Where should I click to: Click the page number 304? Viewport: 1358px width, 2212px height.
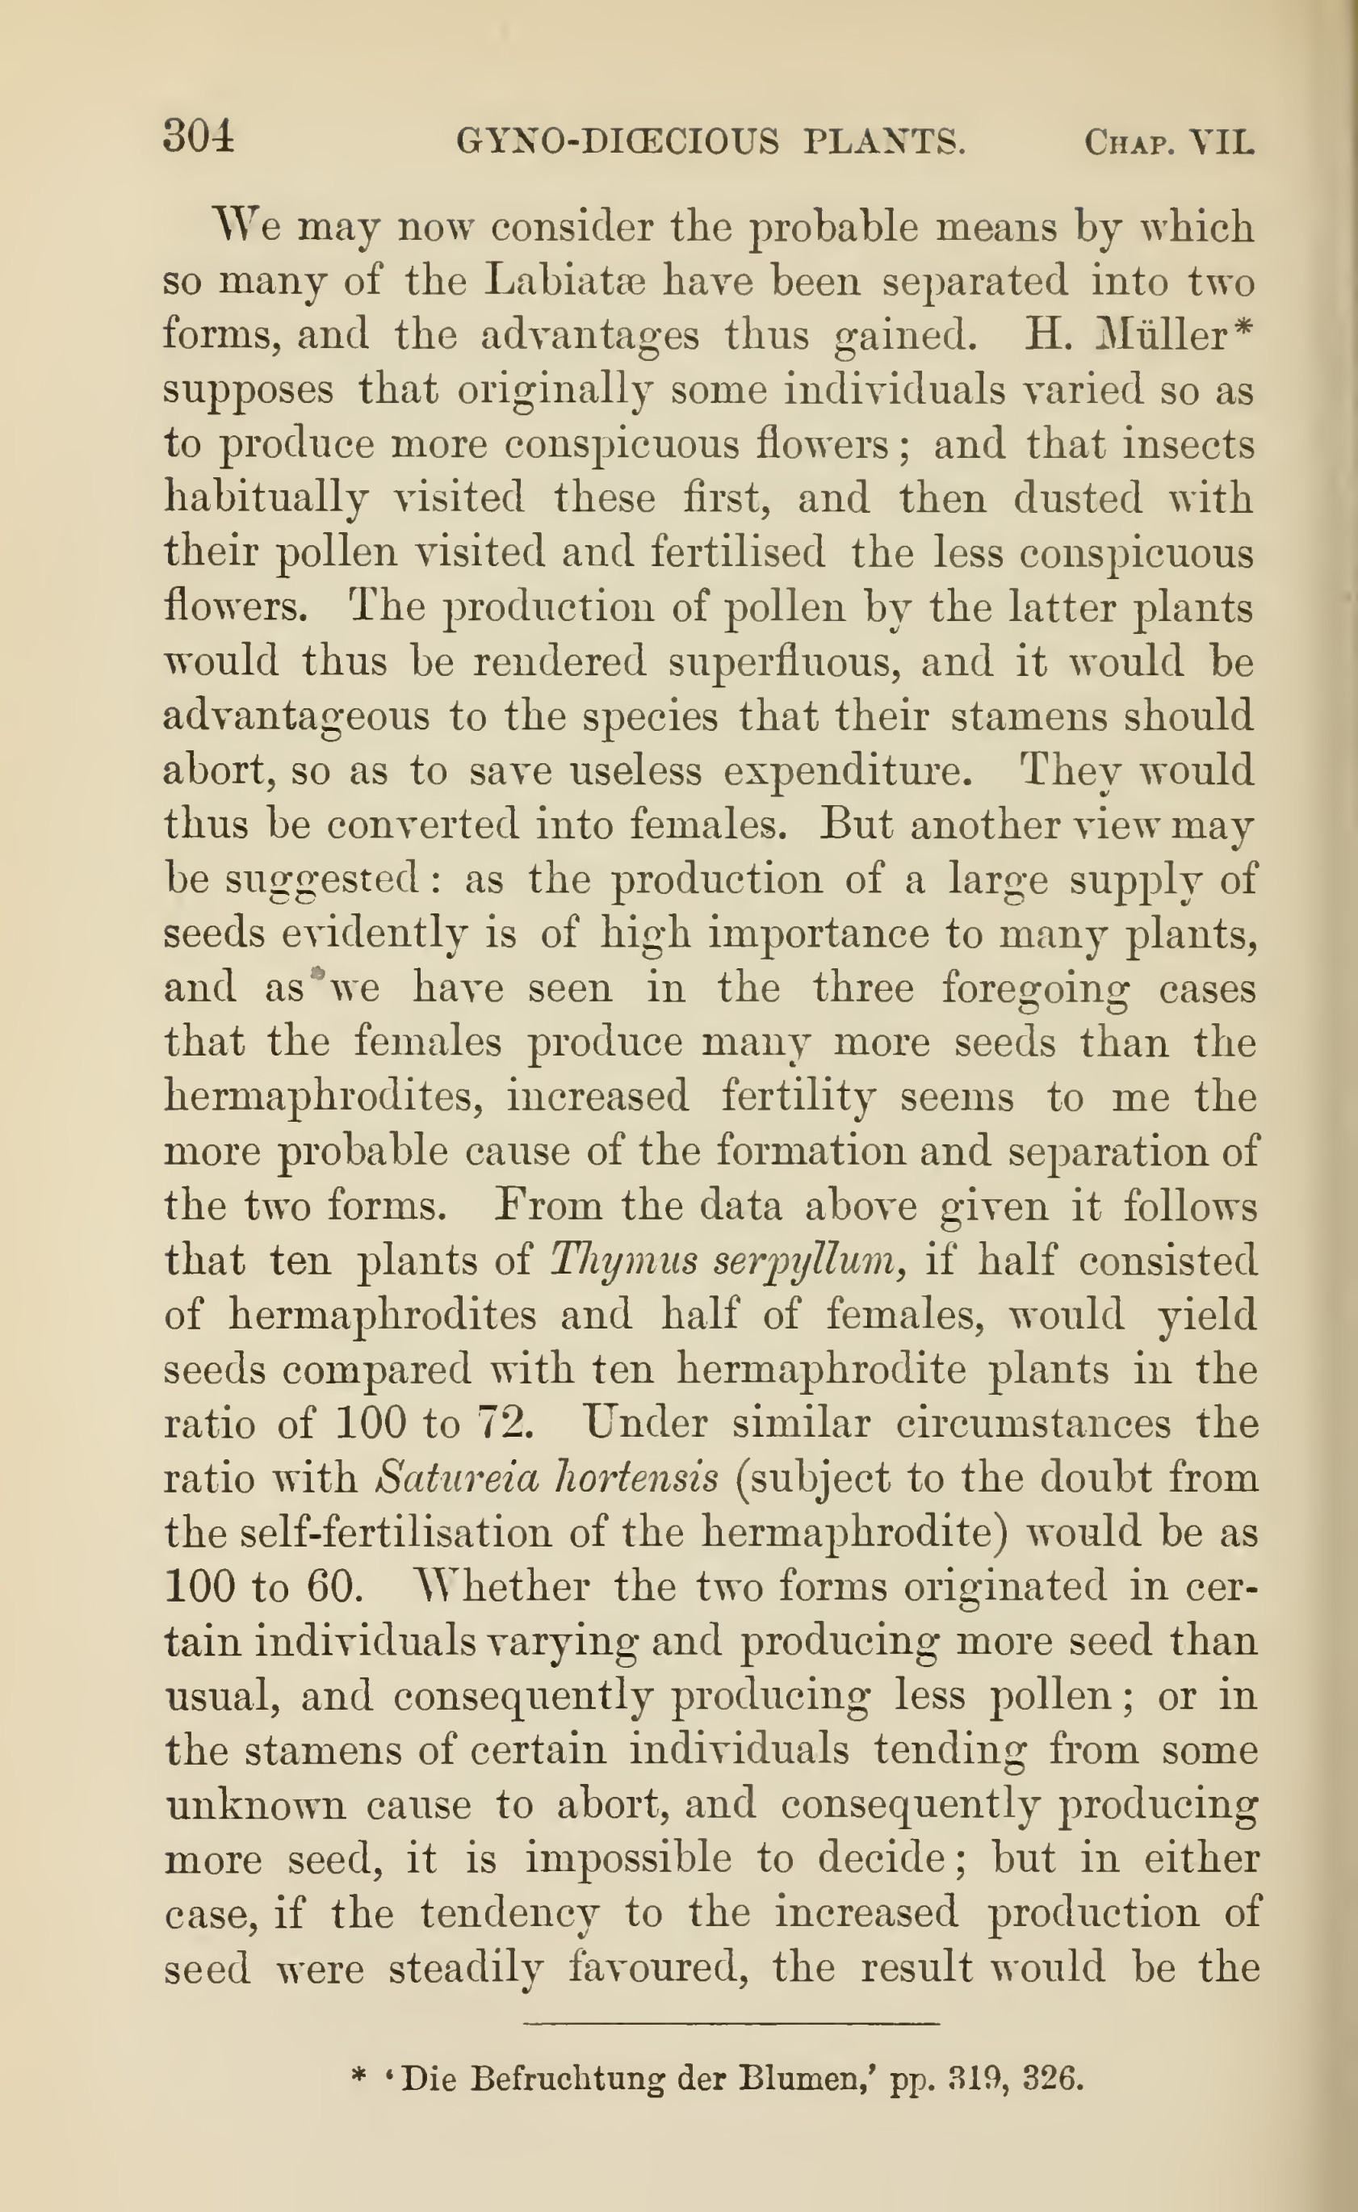point(199,137)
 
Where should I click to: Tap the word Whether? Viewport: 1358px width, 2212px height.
point(504,1587)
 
